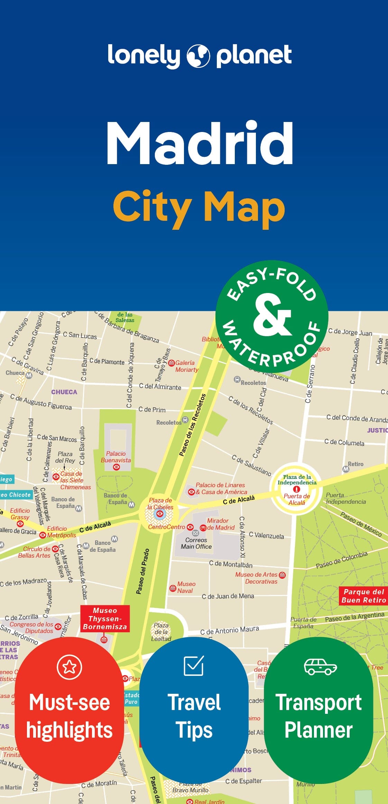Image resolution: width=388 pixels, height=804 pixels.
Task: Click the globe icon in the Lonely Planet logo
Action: click(x=198, y=56)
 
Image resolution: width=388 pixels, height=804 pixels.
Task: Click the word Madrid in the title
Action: click(x=200, y=143)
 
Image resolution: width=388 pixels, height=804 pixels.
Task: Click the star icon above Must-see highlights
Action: click(x=70, y=667)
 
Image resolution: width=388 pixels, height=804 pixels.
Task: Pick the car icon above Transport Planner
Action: click(x=320, y=666)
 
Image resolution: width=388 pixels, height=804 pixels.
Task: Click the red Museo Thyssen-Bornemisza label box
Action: click(x=105, y=618)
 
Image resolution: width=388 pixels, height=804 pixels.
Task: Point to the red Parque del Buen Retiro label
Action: click(x=363, y=596)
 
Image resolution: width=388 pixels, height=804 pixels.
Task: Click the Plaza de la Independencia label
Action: click(x=297, y=480)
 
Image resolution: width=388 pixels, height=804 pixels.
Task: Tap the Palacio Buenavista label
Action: click(x=116, y=457)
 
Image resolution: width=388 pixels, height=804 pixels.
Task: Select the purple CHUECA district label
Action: click(x=64, y=392)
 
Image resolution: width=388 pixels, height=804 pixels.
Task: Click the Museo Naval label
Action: click(x=186, y=587)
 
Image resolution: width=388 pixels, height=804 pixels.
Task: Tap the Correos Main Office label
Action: click(x=196, y=543)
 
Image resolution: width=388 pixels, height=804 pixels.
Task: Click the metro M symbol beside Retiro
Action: click(x=345, y=469)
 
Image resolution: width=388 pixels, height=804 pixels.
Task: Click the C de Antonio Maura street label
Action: click(x=230, y=631)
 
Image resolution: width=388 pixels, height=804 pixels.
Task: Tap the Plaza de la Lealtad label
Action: click(x=161, y=632)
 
